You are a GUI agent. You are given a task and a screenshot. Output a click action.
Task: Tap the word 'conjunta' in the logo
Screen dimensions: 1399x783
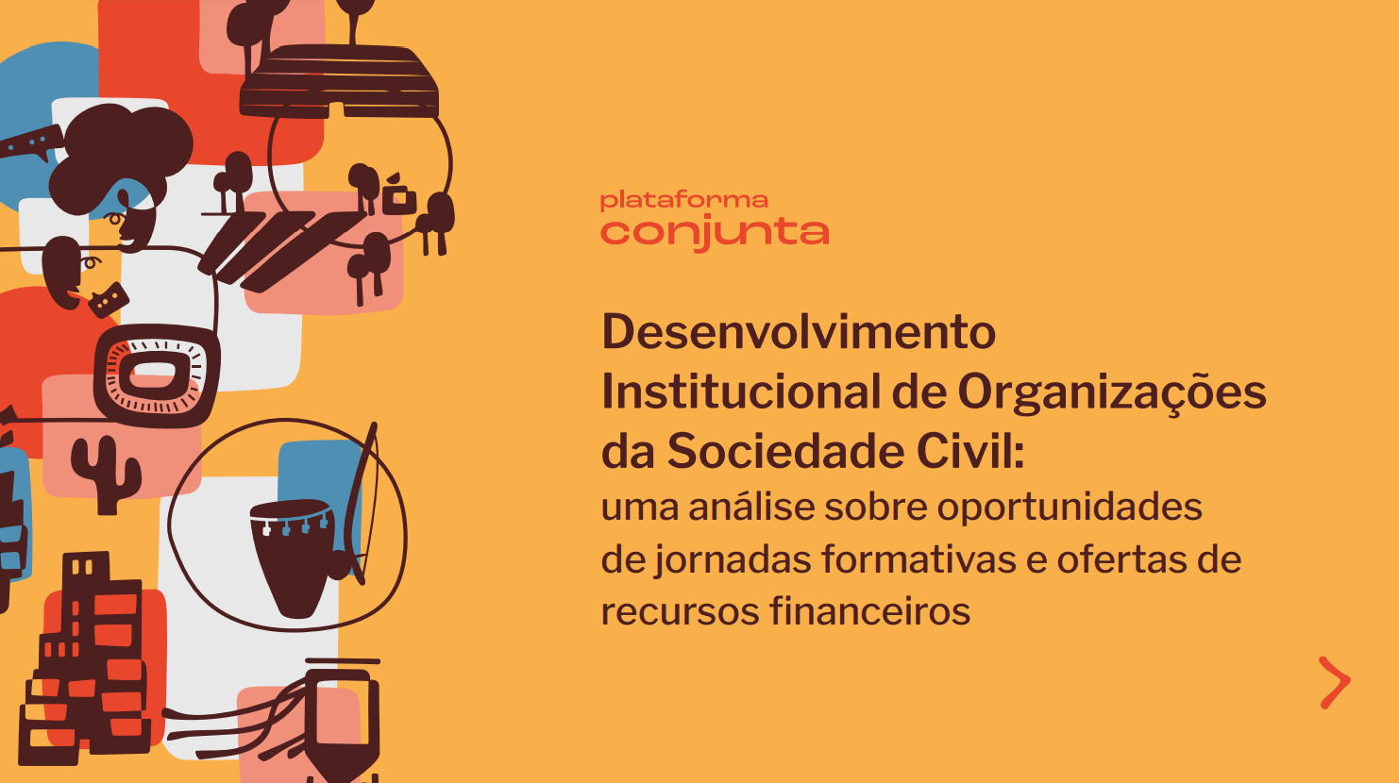point(715,233)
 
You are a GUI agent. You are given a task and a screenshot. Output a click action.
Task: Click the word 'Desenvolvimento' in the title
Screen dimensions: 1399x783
point(799,332)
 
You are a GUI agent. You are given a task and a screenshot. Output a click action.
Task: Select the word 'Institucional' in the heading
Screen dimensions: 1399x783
point(741,391)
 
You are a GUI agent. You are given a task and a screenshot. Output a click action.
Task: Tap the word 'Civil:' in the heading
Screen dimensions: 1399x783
point(970,451)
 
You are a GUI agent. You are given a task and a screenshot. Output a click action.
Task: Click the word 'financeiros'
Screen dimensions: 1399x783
point(869,610)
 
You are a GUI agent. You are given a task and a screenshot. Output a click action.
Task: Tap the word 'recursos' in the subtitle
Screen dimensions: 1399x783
point(680,612)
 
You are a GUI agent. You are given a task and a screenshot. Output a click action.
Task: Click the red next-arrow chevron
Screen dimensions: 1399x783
point(1335,683)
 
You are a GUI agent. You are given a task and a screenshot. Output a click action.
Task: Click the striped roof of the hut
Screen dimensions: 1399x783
point(339,81)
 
